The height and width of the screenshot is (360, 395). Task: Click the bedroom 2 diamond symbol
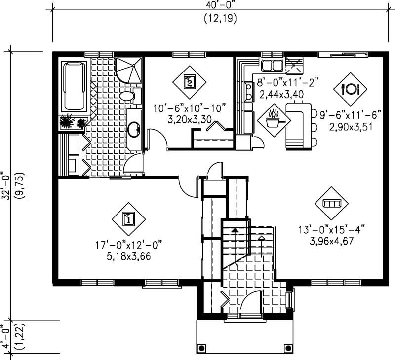(189, 81)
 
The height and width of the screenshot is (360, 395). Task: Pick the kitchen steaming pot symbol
(273, 119)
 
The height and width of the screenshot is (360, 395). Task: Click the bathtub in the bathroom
(74, 86)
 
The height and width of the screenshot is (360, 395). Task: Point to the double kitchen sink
(271, 65)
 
